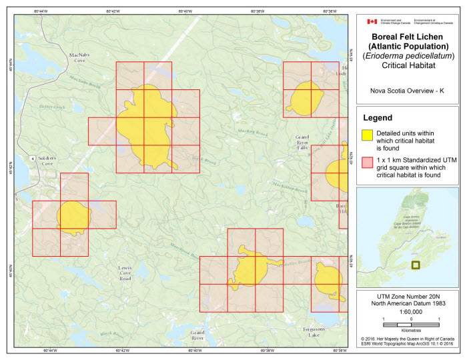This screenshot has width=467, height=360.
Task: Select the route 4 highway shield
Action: (32, 158)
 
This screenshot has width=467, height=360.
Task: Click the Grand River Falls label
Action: (303, 143)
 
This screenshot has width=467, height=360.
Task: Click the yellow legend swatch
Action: (366, 135)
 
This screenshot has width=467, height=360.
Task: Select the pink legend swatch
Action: (366, 162)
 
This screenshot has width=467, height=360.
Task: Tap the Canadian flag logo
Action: (372, 21)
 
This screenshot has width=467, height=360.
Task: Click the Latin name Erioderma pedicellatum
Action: (408, 56)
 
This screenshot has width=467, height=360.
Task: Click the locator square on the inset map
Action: (416, 265)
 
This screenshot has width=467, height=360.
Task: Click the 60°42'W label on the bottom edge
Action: (122, 350)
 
